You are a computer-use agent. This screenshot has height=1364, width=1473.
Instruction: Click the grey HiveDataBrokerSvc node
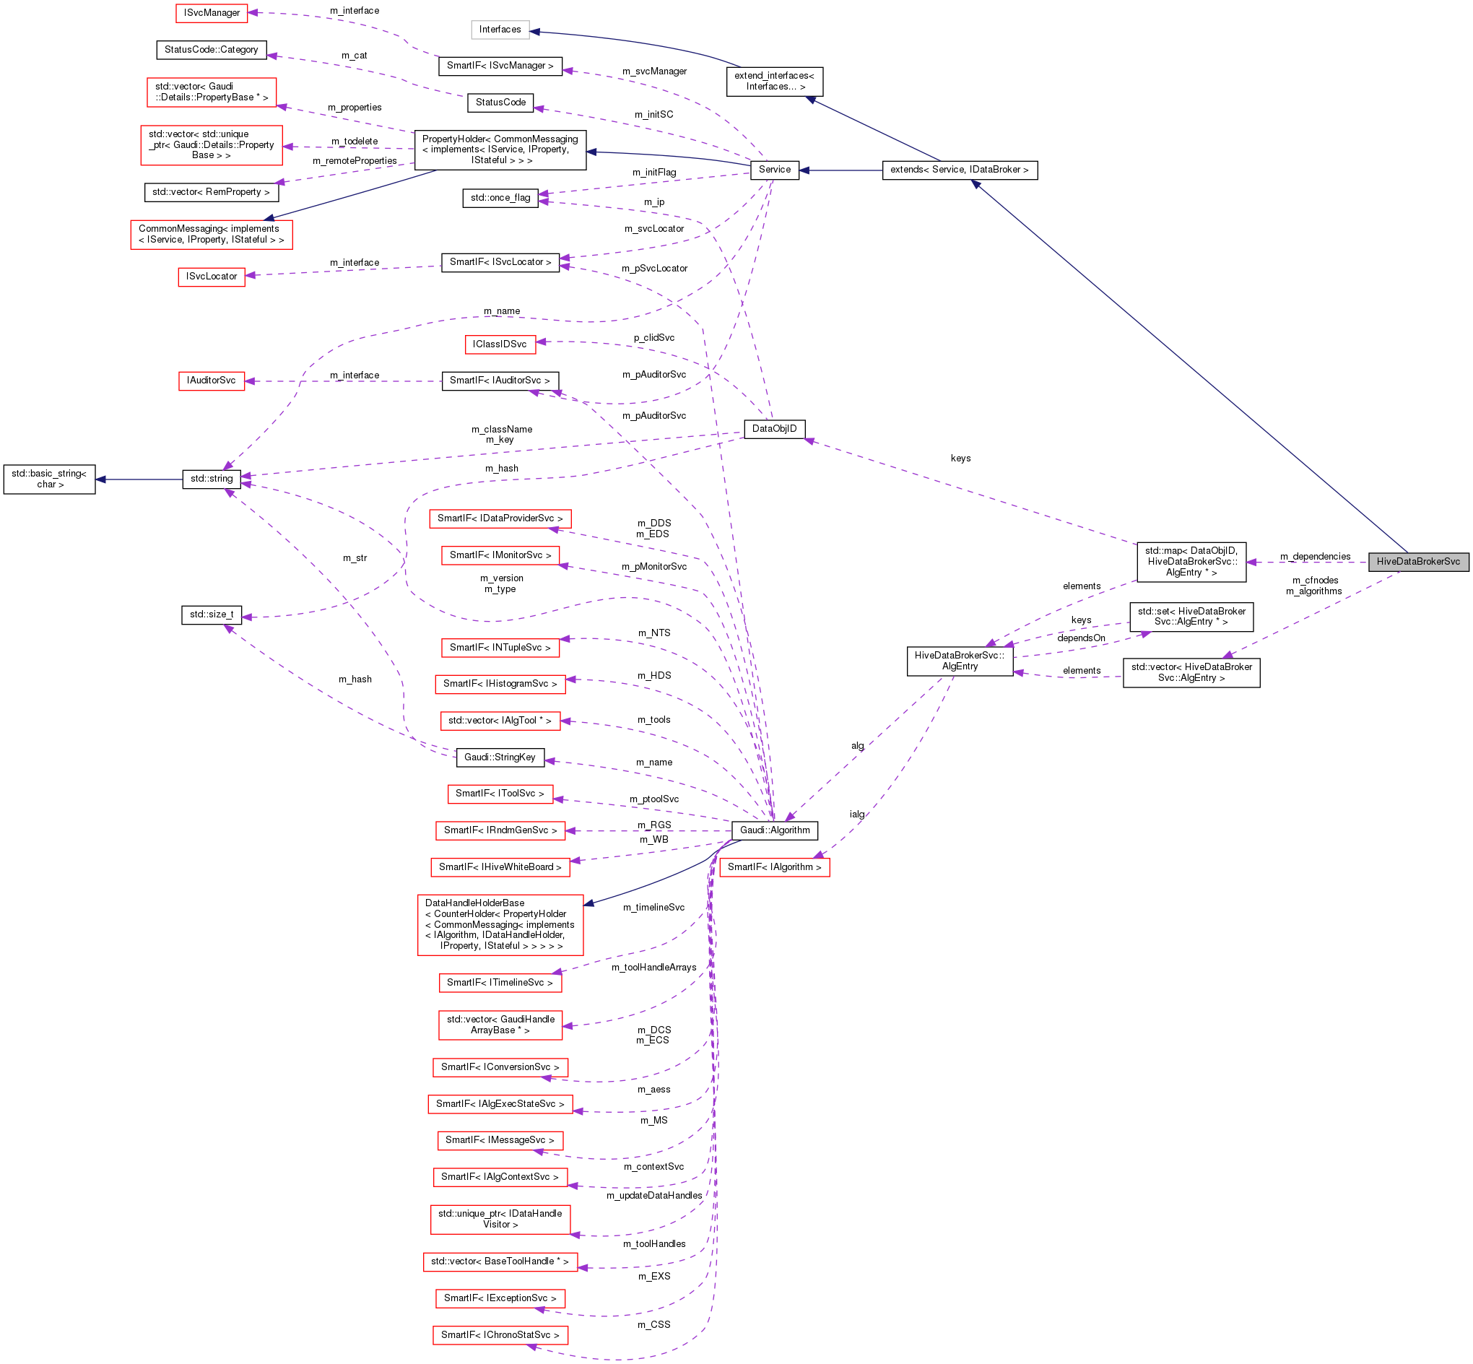point(1417,562)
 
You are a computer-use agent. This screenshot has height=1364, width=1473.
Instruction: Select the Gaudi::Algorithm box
point(774,830)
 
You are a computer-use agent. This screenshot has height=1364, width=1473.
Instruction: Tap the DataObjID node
point(774,429)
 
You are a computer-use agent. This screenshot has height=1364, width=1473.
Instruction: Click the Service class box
point(774,170)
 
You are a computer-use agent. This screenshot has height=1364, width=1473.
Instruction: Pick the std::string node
point(211,479)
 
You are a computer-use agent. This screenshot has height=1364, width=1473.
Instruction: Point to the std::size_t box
point(211,614)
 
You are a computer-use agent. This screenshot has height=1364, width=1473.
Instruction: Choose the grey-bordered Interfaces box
point(500,30)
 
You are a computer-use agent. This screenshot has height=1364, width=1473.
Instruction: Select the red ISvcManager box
point(212,13)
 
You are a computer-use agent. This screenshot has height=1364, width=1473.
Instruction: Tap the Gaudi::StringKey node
point(500,757)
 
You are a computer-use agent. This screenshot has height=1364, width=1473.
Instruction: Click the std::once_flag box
point(500,198)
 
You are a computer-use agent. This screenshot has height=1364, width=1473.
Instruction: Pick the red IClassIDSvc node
point(500,344)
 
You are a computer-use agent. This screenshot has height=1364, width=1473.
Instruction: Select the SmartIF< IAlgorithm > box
point(774,867)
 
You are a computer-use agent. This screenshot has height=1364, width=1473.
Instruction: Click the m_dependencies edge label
point(1315,557)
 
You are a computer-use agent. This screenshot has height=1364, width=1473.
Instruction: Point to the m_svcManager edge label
point(654,71)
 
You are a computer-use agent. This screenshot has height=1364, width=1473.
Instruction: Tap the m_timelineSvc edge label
point(653,908)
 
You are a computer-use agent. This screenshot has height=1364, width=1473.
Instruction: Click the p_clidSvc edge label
point(654,338)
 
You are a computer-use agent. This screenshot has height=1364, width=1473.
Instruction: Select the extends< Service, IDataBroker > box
point(960,170)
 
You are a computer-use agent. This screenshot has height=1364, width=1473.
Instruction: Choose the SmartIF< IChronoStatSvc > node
point(500,1335)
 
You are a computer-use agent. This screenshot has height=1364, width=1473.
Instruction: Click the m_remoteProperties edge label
point(355,161)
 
